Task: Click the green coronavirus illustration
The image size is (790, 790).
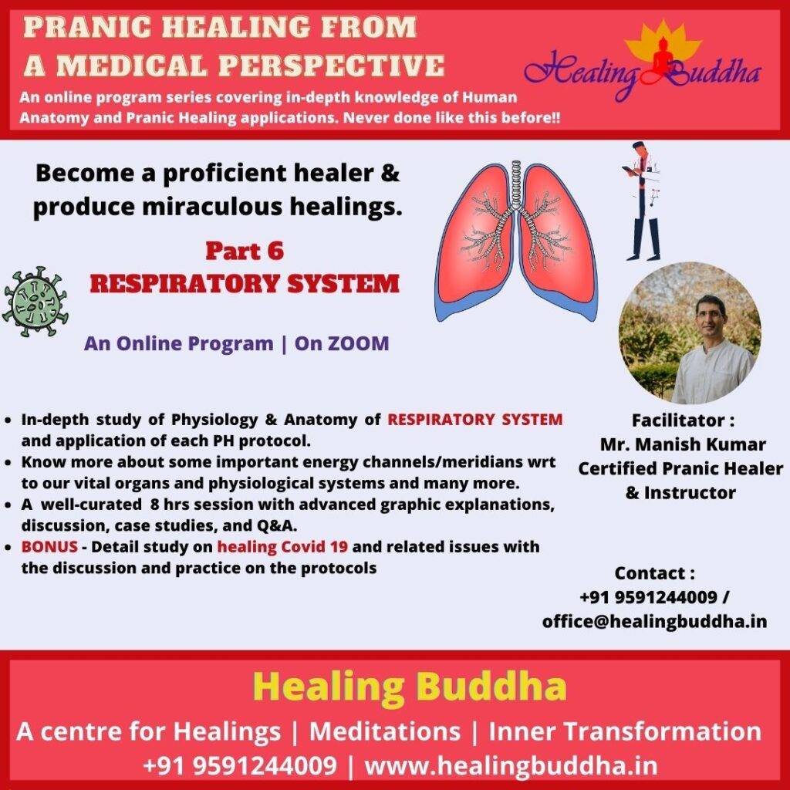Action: point(35,302)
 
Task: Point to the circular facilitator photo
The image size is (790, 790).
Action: point(690,333)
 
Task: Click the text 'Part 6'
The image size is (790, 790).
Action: point(245,251)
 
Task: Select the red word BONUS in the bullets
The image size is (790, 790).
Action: point(49,546)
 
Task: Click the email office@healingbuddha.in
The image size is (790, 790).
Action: point(654,621)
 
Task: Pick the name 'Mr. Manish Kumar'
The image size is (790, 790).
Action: point(683,444)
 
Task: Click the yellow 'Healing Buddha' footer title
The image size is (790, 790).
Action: point(410,686)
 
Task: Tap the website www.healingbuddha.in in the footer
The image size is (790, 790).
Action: point(511,766)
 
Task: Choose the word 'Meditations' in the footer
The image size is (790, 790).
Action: point(385,731)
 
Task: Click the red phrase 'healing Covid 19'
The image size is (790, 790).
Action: point(282,547)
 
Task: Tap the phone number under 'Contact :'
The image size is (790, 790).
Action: point(648,597)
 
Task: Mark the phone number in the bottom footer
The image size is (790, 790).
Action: point(240,766)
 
